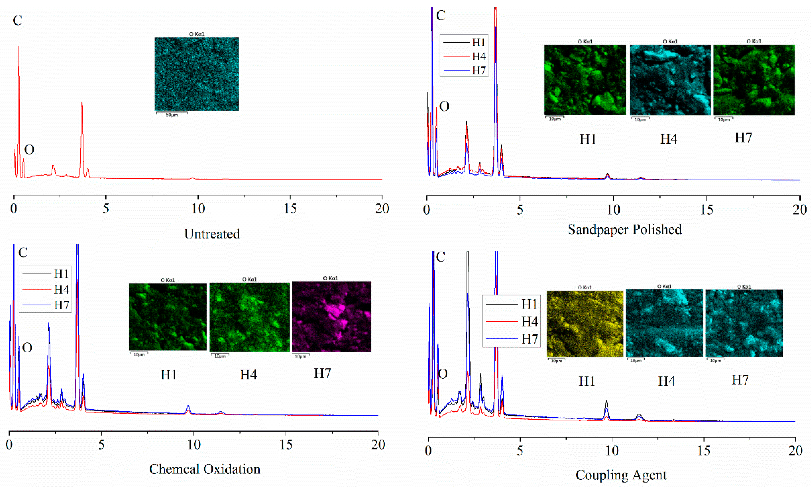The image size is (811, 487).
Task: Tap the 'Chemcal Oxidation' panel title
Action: [x=205, y=469]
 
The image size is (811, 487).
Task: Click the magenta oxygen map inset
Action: [x=331, y=317]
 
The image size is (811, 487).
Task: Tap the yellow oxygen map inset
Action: [x=585, y=324]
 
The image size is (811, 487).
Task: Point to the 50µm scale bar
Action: [x=172, y=114]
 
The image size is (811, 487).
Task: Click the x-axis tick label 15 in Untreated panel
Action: [x=290, y=209]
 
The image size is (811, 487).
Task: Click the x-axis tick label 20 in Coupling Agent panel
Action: [x=795, y=451]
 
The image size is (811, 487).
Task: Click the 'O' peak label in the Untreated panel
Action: [x=29, y=150]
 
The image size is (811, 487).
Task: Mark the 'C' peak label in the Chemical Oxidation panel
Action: [x=23, y=253]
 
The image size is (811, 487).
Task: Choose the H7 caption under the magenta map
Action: [x=322, y=373]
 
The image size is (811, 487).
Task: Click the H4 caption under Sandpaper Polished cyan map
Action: [x=669, y=139]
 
